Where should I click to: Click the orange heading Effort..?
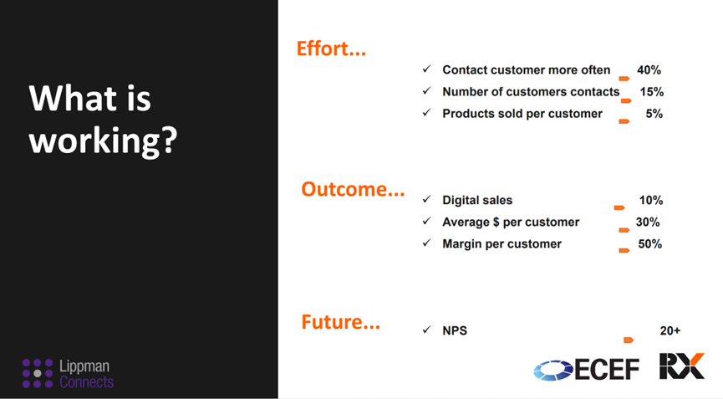click(x=331, y=49)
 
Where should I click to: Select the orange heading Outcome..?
click(x=353, y=189)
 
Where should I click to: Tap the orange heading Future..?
click(x=341, y=321)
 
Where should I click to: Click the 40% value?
click(x=649, y=70)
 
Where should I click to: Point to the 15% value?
click(x=651, y=92)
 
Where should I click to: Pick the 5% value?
click(x=654, y=114)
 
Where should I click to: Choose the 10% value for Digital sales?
click(x=650, y=200)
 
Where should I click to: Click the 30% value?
click(x=648, y=222)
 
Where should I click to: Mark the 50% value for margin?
click(x=649, y=243)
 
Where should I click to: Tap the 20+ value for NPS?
click(x=670, y=330)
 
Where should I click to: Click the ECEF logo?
click(x=586, y=370)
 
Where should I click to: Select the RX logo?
click(x=682, y=366)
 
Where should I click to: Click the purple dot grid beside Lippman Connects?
click(x=38, y=373)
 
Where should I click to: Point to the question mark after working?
click(x=169, y=140)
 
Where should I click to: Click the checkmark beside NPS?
click(x=426, y=330)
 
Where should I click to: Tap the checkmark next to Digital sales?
click(x=426, y=199)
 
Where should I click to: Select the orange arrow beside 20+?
click(x=629, y=340)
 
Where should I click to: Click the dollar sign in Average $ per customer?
click(x=496, y=222)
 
